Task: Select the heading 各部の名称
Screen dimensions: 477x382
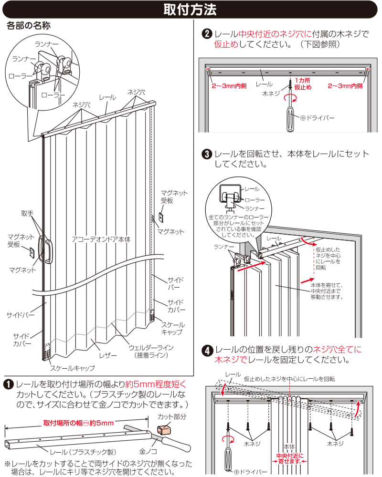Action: [x=29, y=26]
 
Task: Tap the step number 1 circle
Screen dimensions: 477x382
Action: [x=9, y=384]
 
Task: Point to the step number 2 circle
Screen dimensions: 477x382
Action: [x=208, y=34]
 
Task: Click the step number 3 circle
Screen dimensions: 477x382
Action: [x=208, y=155]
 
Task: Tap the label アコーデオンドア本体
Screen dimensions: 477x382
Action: [x=101, y=239]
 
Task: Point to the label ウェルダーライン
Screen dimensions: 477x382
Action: [x=151, y=347]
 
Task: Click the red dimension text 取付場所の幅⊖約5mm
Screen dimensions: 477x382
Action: [x=78, y=423]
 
